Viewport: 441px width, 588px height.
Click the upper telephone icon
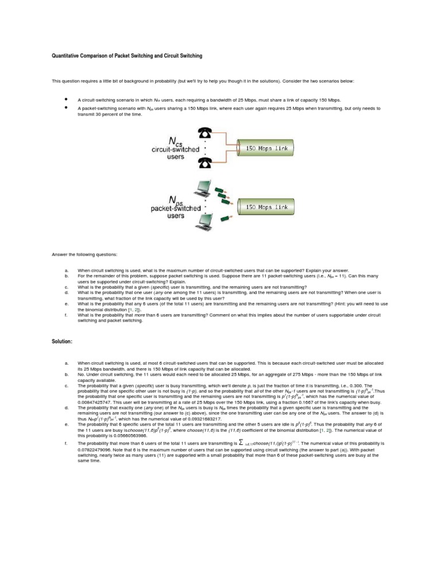coord(204,133)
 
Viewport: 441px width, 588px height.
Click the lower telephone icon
coord(204,164)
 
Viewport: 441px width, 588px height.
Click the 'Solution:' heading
coord(62,342)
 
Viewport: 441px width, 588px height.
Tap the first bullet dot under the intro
coord(68,99)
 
